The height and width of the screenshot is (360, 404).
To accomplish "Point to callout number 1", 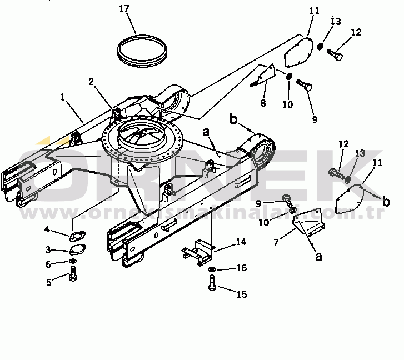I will [63, 97].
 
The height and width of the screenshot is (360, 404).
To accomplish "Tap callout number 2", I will [91, 82].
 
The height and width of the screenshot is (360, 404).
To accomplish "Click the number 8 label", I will [263, 103].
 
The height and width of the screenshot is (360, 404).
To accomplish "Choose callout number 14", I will [241, 242].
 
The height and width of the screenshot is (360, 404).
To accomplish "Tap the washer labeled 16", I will [212, 269].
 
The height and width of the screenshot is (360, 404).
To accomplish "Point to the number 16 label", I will [241, 268].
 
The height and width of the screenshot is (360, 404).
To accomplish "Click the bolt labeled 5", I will [73, 275].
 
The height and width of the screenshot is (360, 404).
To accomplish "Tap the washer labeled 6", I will [73, 262].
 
